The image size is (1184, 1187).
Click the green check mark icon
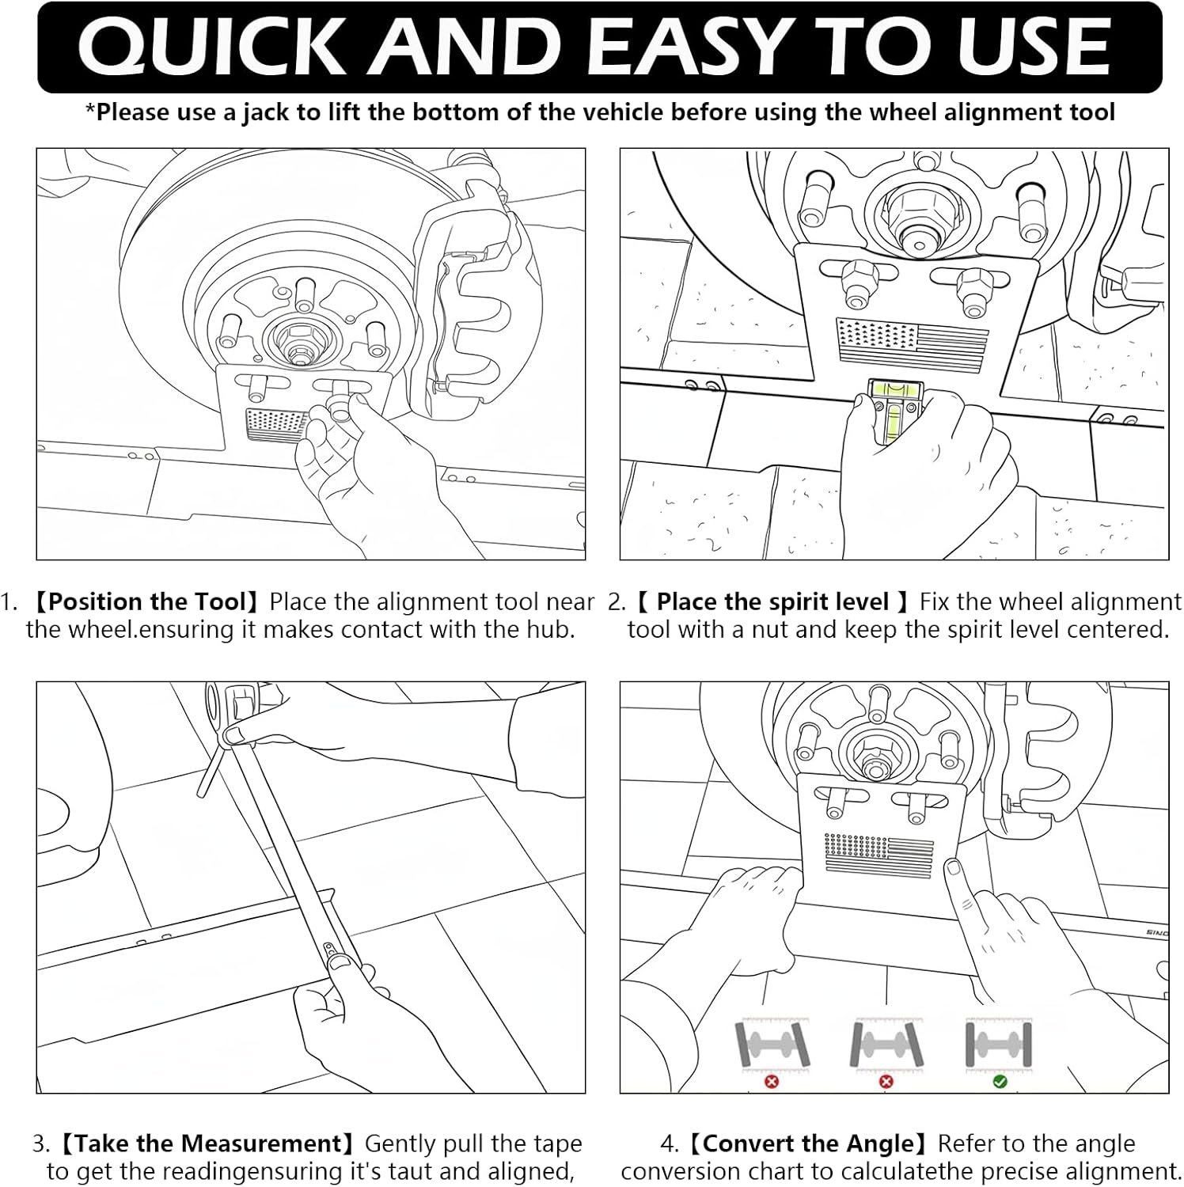(1000, 1081)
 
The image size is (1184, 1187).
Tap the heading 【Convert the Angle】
(807, 1144)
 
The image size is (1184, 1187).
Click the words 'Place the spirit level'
(772, 602)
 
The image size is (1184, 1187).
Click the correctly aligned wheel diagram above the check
(999, 1045)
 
